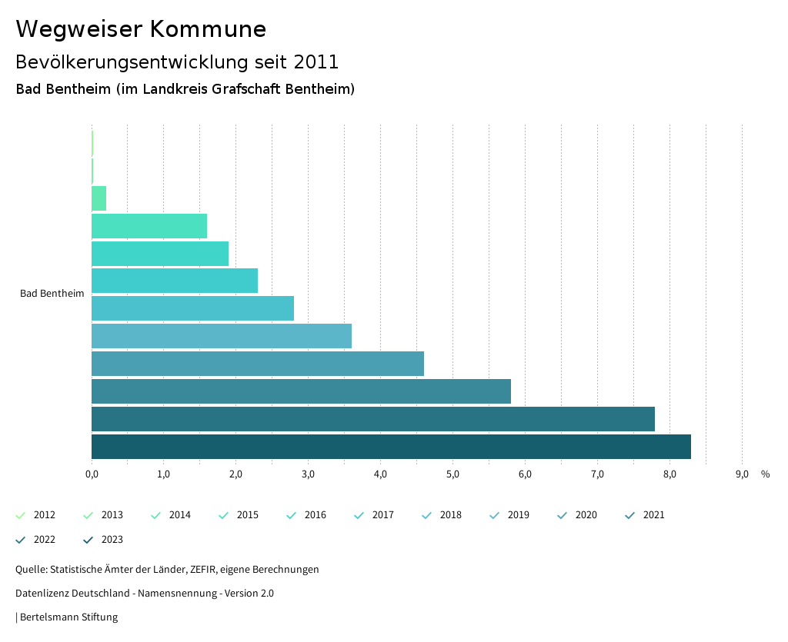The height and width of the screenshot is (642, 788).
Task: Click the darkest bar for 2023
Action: pyautogui.click(x=391, y=447)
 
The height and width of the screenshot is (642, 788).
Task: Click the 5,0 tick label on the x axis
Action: pyautogui.click(x=452, y=474)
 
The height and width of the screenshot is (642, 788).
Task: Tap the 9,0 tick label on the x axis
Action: pyautogui.click(x=742, y=474)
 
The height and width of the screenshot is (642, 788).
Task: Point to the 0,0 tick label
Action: pyautogui.click(x=92, y=474)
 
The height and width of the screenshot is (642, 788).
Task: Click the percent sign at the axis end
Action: pyautogui.click(x=765, y=474)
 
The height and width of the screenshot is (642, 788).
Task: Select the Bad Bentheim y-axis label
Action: pyautogui.click(x=52, y=294)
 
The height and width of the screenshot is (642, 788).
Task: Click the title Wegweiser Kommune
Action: pyautogui.click(x=141, y=29)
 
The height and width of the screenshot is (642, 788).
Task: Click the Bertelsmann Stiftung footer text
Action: pyautogui.click(x=68, y=617)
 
